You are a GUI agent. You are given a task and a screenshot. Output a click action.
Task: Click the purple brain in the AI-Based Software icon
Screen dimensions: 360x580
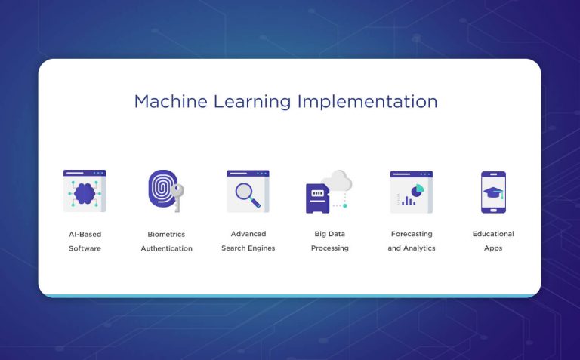click(x=84, y=193)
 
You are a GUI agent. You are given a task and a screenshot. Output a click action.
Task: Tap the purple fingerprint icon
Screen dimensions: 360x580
click(x=161, y=188)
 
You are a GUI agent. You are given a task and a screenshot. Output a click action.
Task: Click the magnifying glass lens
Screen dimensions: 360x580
click(x=244, y=192)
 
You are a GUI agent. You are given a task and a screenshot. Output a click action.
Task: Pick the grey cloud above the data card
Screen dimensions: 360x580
click(x=337, y=180)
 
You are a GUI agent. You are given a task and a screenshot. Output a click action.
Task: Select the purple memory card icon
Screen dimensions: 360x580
click(x=317, y=198)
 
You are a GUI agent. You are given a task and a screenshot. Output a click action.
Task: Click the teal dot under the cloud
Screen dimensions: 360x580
click(x=345, y=205)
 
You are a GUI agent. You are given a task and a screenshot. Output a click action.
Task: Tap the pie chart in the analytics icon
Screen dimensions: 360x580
click(x=418, y=189)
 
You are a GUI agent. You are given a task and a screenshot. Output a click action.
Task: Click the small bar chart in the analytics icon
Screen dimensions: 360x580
click(x=409, y=201)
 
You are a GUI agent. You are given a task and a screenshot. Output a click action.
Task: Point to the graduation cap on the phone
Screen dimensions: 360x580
click(x=493, y=192)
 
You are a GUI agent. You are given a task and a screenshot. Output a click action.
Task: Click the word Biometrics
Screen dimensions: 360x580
click(x=166, y=234)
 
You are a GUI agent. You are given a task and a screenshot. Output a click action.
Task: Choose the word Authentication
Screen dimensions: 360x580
click(x=166, y=248)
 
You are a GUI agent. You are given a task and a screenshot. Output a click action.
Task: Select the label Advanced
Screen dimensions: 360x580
click(x=248, y=234)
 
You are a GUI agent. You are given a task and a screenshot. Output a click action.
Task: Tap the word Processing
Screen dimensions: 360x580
click(x=330, y=248)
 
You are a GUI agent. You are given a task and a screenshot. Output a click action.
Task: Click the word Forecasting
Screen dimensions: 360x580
click(x=412, y=234)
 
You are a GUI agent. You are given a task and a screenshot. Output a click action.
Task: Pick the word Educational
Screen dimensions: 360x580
click(x=493, y=234)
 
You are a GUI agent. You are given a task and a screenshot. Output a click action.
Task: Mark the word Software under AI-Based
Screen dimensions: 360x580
click(x=85, y=248)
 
